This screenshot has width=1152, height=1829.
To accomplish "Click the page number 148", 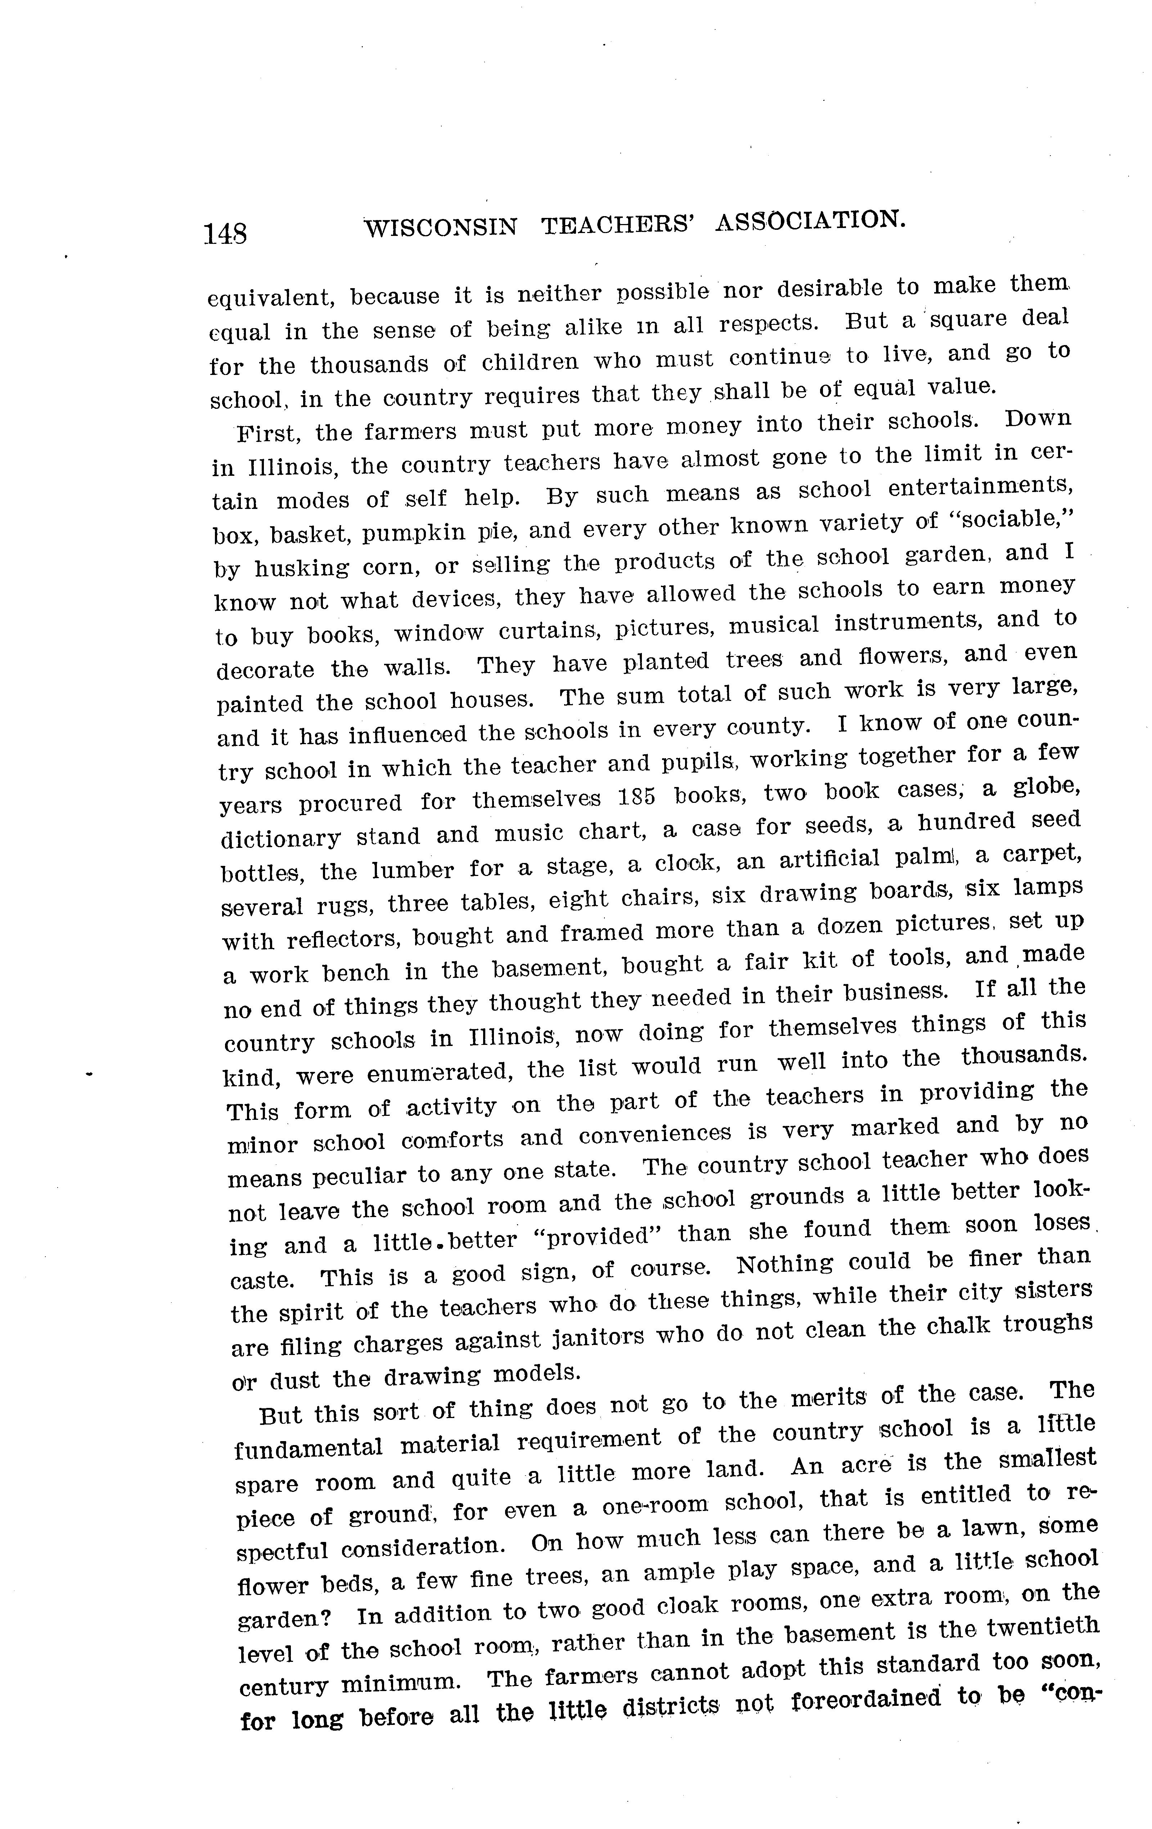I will (x=225, y=232).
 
